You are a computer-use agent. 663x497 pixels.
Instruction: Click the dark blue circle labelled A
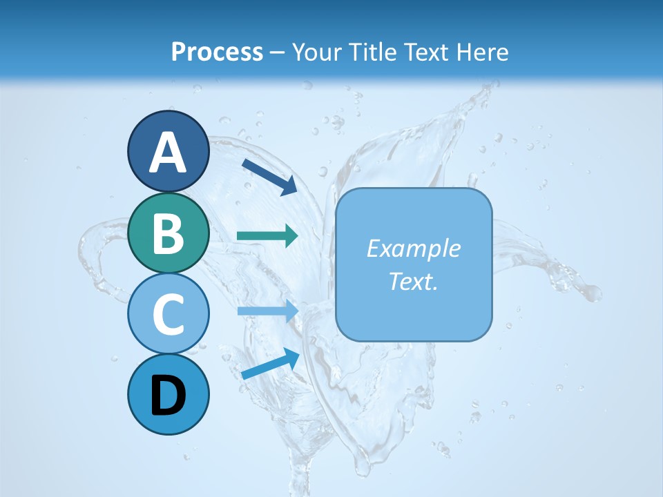click(168, 150)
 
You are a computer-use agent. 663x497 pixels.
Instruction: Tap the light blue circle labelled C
click(168, 313)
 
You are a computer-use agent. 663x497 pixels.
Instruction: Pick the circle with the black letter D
click(168, 395)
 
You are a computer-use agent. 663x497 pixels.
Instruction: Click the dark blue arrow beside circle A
click(269, 176)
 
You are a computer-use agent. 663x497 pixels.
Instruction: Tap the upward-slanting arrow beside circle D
click(270, 364)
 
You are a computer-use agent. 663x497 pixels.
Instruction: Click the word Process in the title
click(217, 52)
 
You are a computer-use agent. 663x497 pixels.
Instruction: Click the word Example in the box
click(413, 248)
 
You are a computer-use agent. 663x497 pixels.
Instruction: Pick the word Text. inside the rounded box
click(413, 282)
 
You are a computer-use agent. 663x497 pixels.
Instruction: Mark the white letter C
click(168, 314)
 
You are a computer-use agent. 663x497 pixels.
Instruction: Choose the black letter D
click(168, 396)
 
